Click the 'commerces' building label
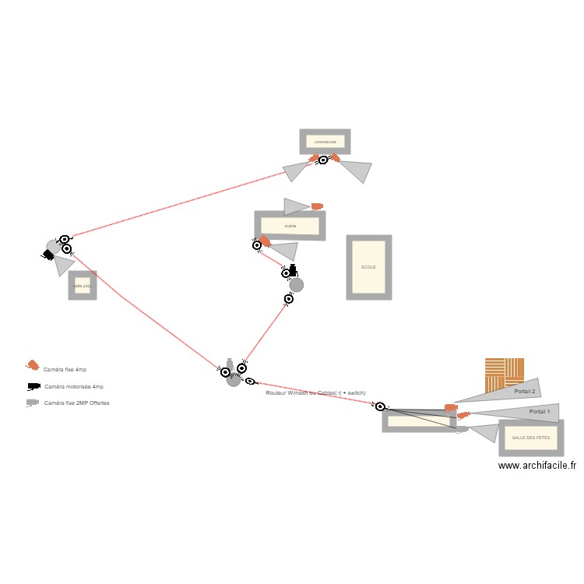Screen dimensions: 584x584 [x=325, y=142]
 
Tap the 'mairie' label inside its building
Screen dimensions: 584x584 [x=290, y=226]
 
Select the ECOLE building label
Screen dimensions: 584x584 [x=368, y=267]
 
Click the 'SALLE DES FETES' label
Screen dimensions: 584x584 [x=530, y=438]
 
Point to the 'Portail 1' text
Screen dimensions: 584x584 [x=539, y=411]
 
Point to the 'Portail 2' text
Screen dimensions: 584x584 [x=525, y=391]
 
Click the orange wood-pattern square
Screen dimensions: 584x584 [x=504, y=374]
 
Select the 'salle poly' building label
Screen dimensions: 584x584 [x=82, y=286]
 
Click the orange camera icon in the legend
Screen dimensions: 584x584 [x=33, y=365]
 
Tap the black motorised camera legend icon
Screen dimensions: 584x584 [x=33, y=386]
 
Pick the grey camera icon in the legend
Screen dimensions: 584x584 [x=32, y=403]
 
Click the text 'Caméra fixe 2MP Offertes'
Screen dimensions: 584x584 [x=77, y=403]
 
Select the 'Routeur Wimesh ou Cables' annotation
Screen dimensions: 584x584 [x=315, y=393]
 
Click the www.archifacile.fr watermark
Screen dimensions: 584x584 [x=537, y=466]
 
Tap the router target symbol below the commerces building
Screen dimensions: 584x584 [x=324, y=160]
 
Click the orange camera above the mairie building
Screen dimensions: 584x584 [x=317, y=206]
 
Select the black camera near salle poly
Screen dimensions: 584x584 [x=48, y=255]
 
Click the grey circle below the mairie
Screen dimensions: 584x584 [x=296, y=285]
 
